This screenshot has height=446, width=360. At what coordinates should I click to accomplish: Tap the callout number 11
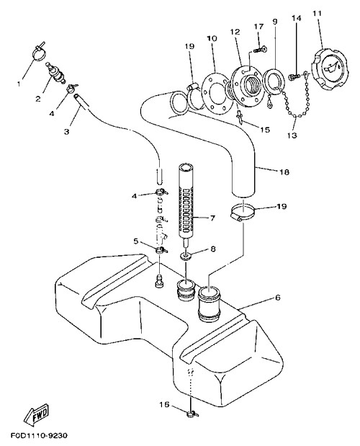pos(317,14)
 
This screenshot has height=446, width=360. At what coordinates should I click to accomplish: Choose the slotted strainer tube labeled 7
pos(186,200)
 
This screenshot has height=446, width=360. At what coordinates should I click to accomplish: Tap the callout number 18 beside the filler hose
pos(284,171)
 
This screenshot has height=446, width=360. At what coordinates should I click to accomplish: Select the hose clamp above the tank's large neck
pos(241,212)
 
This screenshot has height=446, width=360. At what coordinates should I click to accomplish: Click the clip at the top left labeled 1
pos(40,51)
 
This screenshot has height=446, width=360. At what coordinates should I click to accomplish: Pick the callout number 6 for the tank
pos(278,298)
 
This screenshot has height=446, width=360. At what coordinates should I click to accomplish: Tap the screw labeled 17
pos(260,50)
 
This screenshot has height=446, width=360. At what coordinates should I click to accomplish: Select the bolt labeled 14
pos(294,76)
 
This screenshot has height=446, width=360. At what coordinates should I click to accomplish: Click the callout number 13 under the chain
pos(292,135)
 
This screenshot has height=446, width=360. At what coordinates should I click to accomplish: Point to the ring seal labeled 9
pos(274,82)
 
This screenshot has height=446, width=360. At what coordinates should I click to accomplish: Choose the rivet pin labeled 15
pos(239,117)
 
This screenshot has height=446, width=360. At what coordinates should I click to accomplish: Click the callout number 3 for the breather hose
pos(66,131)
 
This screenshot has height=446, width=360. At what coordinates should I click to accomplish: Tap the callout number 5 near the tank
pos(136,241)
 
